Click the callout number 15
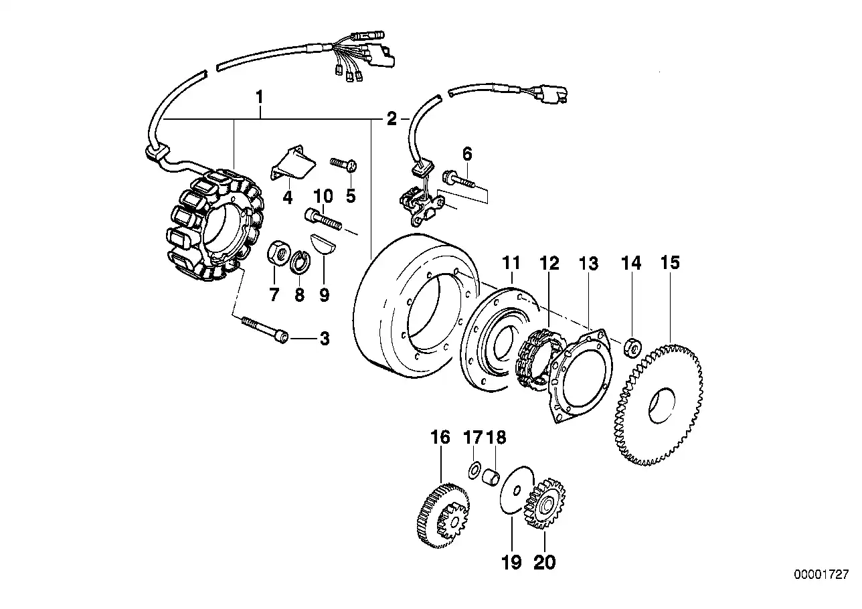coord(670,263)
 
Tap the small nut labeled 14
coord(632,348)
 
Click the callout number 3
coord(324,339)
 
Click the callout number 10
coord(323,197)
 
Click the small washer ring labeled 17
coord(474,470)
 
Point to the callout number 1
coord(259,98)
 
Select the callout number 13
coord(588,264)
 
